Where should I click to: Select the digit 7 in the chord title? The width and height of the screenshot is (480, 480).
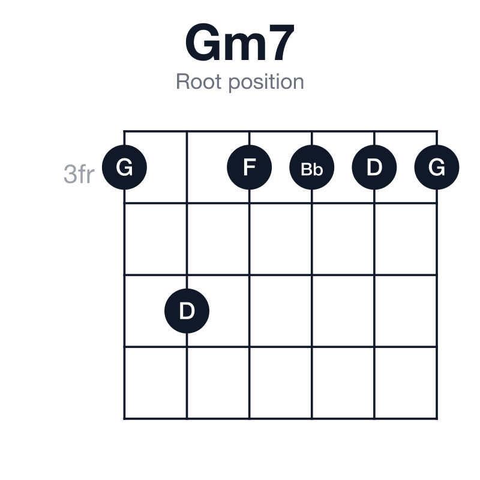(x=282, y=42)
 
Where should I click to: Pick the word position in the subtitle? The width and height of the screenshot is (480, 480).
(x=266, y=82)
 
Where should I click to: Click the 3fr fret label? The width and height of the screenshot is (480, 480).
(x=79, y=174)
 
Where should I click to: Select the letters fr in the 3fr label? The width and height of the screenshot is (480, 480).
(x=86, y=174)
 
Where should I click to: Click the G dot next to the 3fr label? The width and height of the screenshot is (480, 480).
(x=124, y=167)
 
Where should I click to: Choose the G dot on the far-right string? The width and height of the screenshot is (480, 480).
(x=437, y=167)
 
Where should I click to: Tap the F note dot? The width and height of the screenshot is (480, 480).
(x=249, y=167)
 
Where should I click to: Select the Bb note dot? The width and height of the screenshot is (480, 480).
(x=311, y=167)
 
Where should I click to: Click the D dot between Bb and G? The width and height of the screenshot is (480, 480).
(x=374, y=167)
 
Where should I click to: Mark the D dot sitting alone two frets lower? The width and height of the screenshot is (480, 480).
(x=187, y=311)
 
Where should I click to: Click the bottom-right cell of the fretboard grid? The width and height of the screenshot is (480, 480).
(x=406, y=383)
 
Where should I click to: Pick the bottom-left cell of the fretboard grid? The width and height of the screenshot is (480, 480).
(x=155, y=383)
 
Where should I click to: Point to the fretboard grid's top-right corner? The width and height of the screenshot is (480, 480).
(x=437, y=131)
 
